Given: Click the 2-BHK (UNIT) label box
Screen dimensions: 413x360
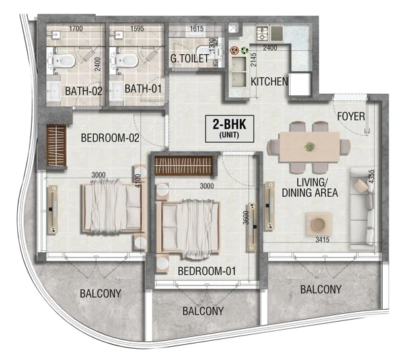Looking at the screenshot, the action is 229,129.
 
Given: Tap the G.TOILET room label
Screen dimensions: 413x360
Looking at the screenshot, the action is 190,59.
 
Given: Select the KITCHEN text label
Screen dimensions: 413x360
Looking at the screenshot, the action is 269,82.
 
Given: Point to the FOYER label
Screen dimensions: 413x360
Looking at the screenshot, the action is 351,116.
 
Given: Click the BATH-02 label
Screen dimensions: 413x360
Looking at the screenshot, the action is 83,91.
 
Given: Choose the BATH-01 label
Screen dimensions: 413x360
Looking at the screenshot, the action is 143,89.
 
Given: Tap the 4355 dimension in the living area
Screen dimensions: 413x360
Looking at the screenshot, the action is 371,176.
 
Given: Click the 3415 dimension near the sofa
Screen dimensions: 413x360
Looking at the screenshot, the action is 322,240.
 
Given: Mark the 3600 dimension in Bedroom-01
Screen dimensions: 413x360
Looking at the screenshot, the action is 246,217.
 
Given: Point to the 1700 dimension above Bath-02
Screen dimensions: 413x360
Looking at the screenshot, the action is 76,28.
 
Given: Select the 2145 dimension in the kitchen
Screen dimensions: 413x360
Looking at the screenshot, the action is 253,59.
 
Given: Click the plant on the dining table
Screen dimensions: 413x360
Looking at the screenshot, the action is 309,147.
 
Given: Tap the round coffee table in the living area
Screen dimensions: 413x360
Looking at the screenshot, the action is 319,224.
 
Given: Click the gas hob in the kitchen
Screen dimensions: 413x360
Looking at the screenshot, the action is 262,34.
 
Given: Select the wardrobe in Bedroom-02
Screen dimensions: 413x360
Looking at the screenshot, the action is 56,145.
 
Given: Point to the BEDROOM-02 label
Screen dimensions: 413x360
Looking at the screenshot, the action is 110,138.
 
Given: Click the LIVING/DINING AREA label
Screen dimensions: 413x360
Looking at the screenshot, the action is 310,188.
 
